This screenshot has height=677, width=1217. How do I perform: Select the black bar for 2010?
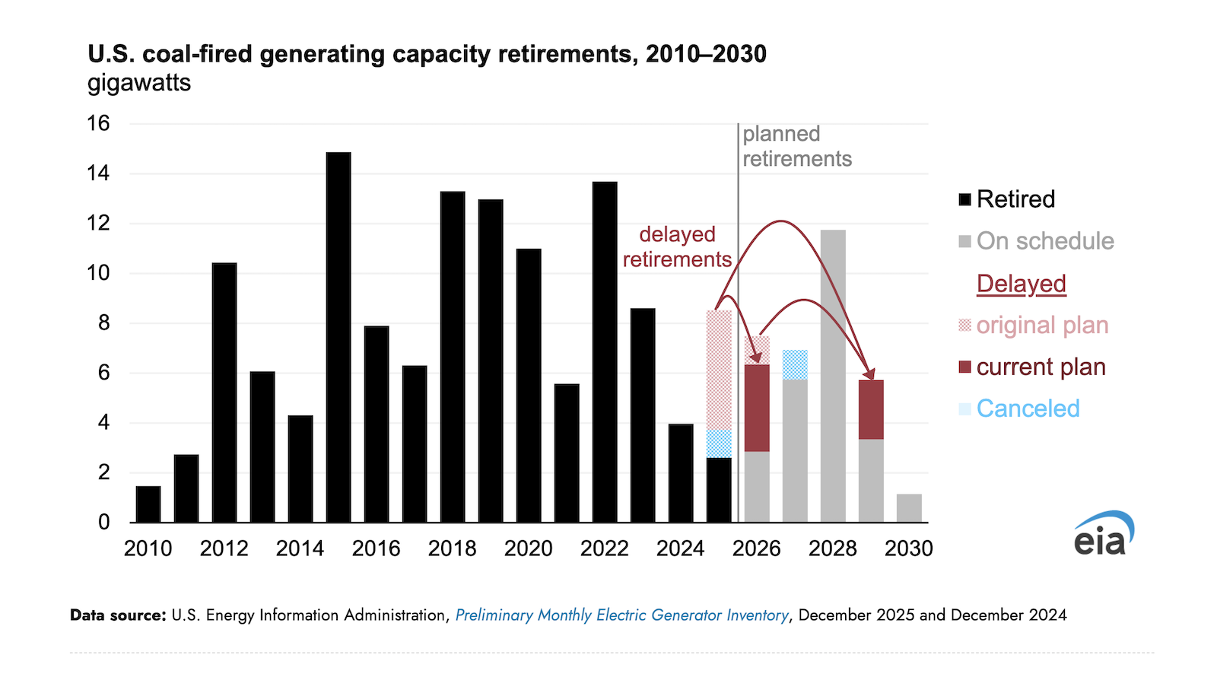148,504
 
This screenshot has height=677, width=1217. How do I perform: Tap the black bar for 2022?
605,351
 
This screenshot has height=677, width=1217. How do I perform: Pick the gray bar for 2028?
833,376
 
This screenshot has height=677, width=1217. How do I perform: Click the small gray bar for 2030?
909,508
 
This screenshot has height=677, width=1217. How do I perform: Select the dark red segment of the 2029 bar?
871,410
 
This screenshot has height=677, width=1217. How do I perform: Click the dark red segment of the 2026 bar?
757,408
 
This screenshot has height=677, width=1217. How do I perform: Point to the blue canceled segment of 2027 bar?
795,365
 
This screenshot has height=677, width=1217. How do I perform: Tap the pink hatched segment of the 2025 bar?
719,370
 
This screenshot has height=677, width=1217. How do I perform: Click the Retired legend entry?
1007,199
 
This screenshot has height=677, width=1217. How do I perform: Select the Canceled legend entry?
1019,408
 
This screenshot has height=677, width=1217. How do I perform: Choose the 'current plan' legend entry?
1031,367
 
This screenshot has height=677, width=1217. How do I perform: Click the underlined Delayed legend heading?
1021,284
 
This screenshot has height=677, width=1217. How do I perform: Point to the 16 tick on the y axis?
98,123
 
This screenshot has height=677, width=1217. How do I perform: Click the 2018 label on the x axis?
452,548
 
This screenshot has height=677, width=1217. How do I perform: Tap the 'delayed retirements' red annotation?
677,246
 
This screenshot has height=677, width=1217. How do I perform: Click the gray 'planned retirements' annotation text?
796,146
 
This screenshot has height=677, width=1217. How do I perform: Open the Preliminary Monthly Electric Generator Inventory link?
621,615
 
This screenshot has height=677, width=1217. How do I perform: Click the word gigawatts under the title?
139,82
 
